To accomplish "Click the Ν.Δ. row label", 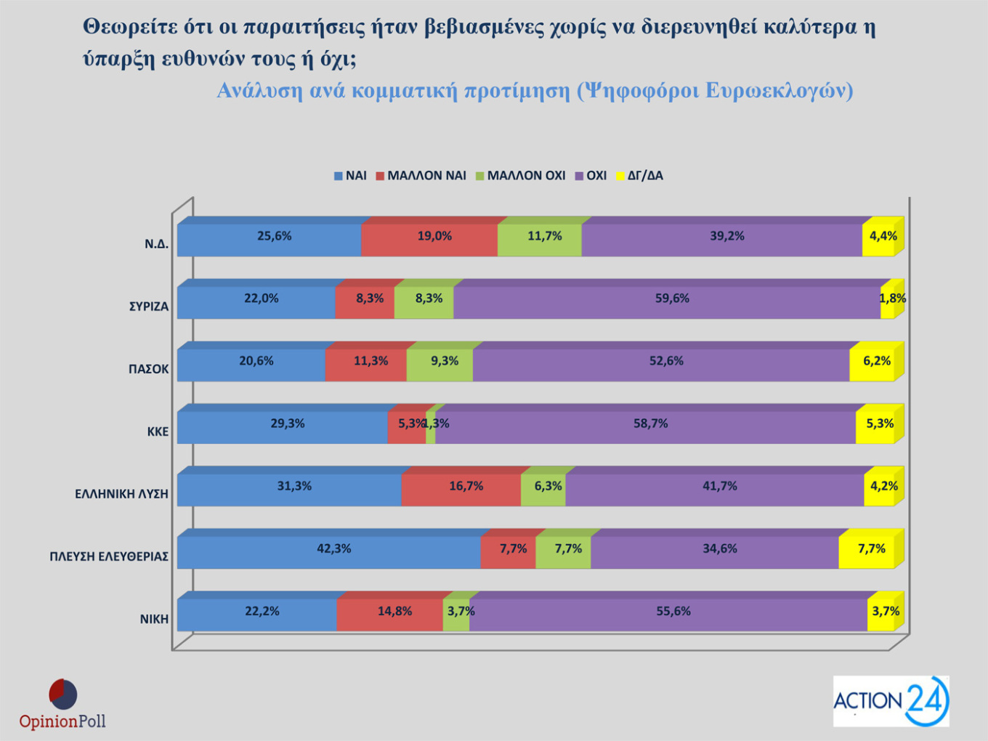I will coord(156,244).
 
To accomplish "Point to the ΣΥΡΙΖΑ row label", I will coord(149,307).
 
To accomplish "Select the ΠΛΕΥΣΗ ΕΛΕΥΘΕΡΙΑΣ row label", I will coord(109,556).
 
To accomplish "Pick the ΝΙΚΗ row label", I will coord(154,619).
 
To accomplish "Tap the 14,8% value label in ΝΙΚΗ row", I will coord(394,611).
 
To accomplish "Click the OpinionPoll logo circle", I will coord(62,695).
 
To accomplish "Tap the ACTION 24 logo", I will coord(891,701).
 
